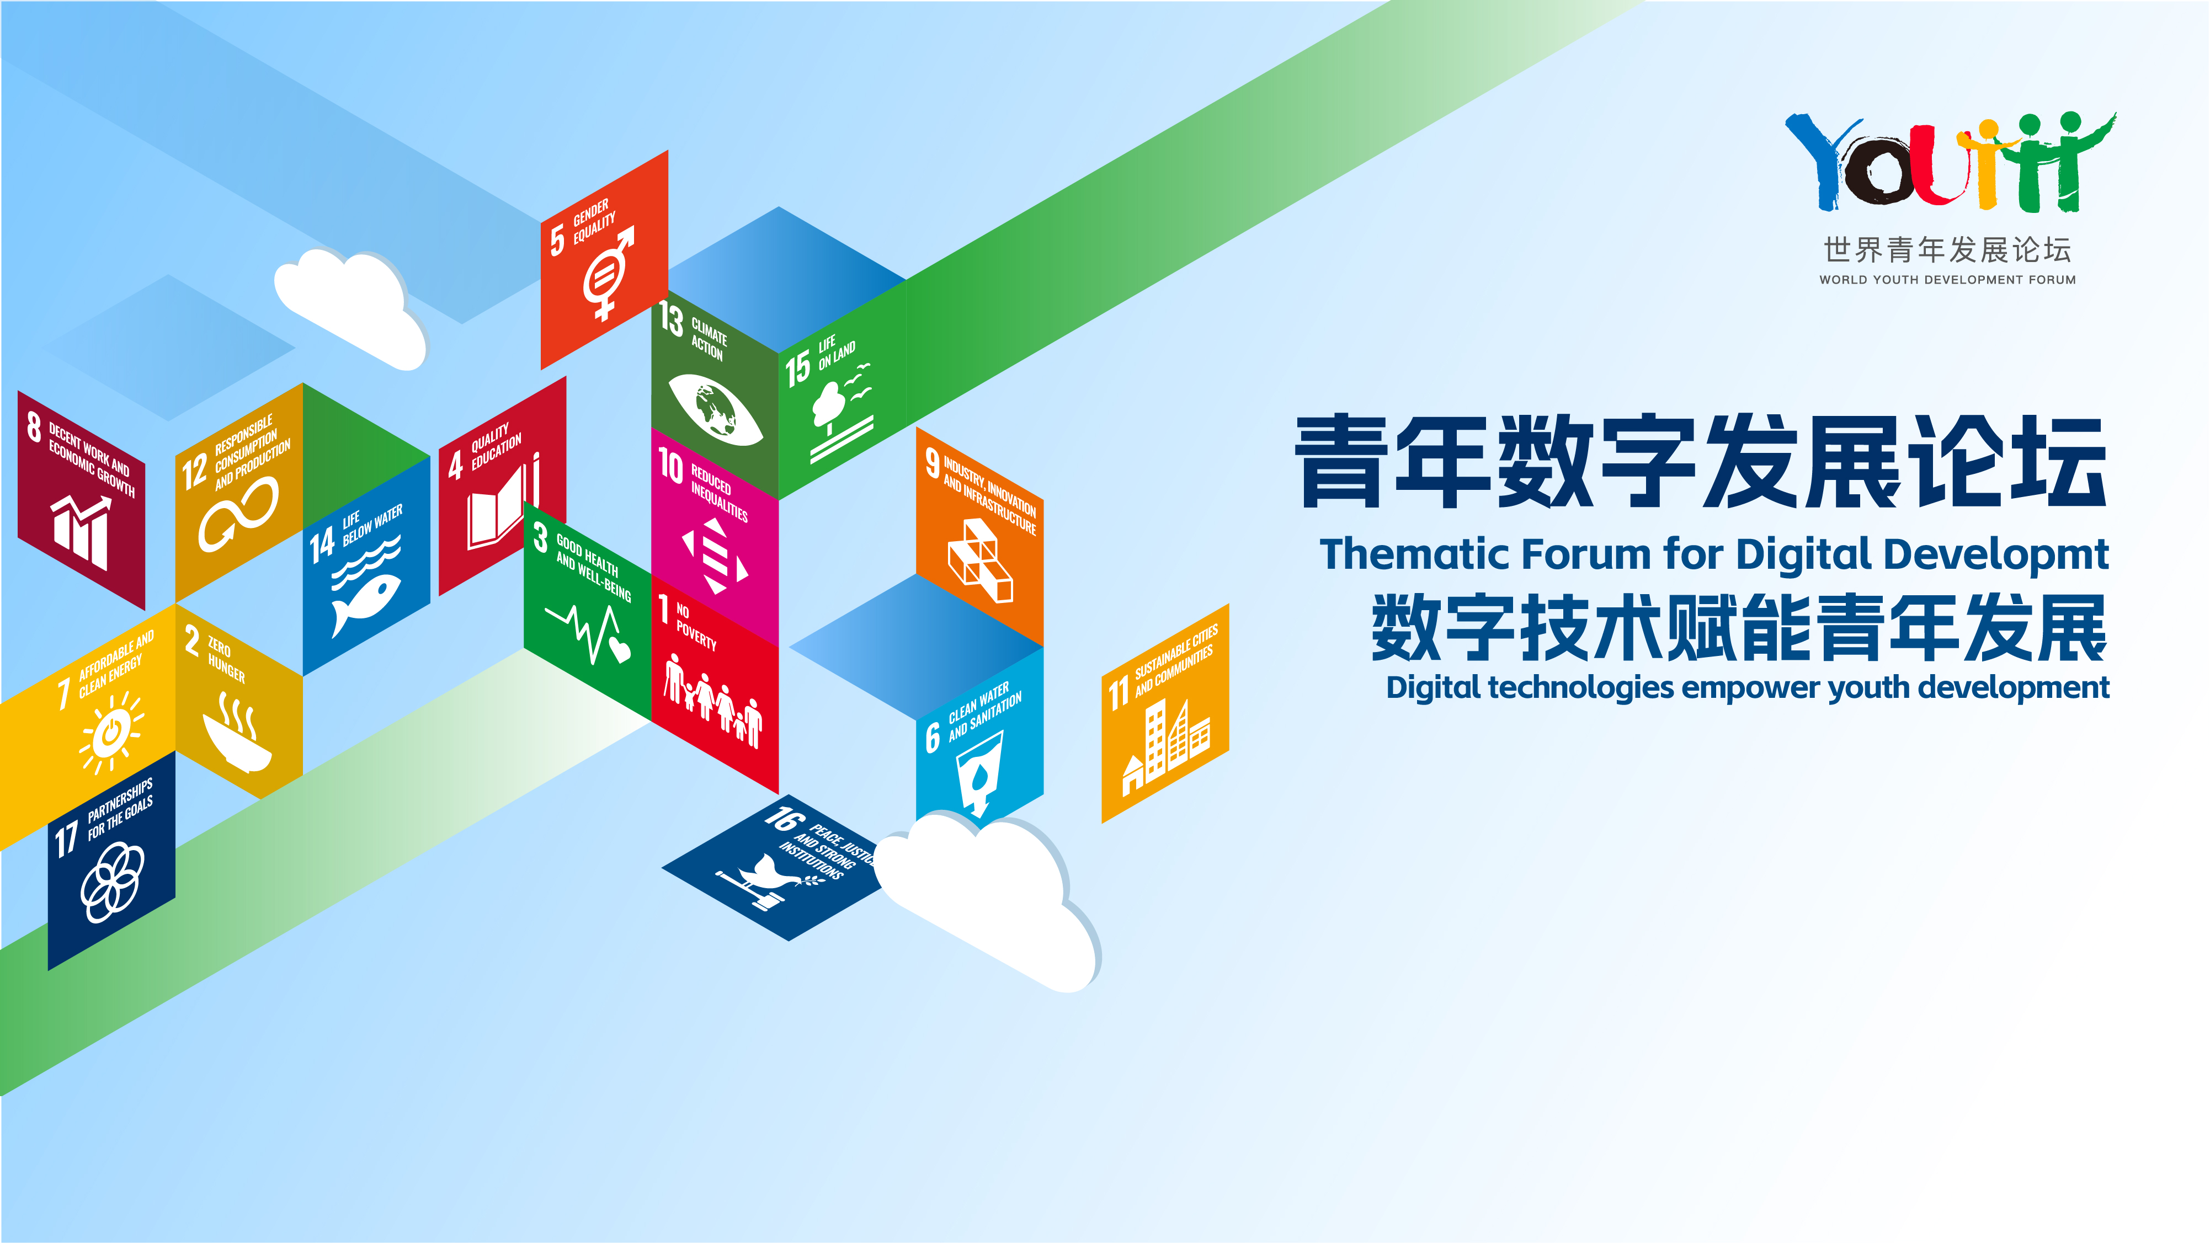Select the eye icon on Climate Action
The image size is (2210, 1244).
click(x=715, y=409)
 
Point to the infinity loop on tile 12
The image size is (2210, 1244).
click(x=238, y=514)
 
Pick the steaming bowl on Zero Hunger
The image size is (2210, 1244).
click(x=237, y=734)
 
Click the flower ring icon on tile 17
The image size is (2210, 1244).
click(x=113, y=882)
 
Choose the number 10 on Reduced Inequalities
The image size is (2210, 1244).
click(x=671, y=466)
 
